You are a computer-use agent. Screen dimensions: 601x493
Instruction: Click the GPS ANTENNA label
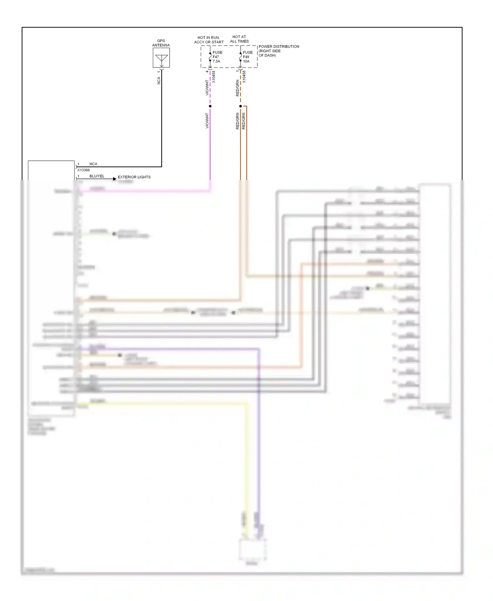tap(161, 43)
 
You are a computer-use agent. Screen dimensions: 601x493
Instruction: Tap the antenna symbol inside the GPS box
tap(161, 59)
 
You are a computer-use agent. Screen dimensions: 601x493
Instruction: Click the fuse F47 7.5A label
tap(217, 57)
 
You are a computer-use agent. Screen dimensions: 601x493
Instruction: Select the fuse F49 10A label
tap(247, 57)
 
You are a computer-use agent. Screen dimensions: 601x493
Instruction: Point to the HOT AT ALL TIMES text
tap(239, 39)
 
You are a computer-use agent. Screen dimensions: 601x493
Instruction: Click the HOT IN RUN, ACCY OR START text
tap(209, 40)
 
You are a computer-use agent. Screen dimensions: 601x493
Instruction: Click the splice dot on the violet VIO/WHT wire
tap(210, 106)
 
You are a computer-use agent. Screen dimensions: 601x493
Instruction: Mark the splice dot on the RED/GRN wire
tap(240, 106)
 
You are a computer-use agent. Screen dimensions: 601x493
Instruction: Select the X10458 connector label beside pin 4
tap(214, 77)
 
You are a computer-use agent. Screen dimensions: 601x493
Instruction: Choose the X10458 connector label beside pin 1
tap(244, 77)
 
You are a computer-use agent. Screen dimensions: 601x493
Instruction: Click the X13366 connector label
tap(83, 170)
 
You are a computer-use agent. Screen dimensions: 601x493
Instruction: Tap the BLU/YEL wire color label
tap(97, 176)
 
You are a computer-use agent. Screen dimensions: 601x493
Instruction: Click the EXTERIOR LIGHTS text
tap(134, 177)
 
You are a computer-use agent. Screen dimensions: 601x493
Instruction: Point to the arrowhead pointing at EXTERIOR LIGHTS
tap(115, 179)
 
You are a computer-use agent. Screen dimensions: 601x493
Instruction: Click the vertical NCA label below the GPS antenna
tap(159, 81)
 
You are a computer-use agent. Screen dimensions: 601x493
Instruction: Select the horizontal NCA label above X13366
tap(93, 164)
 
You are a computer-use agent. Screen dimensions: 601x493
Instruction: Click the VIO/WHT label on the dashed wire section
tap(207, 88)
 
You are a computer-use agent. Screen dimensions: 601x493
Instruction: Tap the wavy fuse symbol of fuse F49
tap(240, 57)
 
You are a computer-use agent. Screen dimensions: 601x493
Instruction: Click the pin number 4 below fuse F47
tap(207, 71)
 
